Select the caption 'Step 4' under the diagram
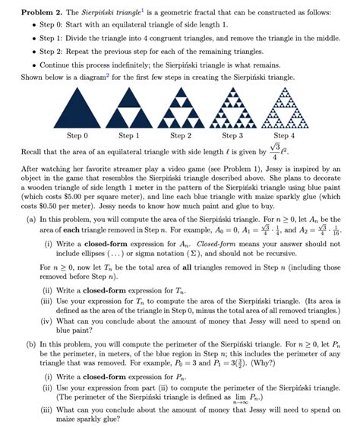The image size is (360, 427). pos(283,135)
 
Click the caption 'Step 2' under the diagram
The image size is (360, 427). pos(181,135)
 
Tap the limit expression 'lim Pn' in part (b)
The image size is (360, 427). pos(292,397)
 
